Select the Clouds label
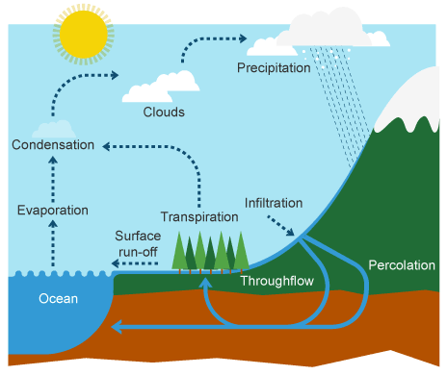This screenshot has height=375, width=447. click(164, 112)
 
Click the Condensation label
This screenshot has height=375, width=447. click(53, 145)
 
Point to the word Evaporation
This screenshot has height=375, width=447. click(53, 210)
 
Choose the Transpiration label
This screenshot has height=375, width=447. click(199, 216)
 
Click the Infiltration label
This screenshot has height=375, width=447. click(274, 203)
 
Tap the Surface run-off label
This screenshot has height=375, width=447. click(136, 243)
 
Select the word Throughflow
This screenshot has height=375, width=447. click(273, 282)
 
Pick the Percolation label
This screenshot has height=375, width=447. click(403, 264)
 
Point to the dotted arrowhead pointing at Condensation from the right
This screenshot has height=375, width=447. click(106, 145)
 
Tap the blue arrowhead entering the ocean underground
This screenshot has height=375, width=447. click(118, 328)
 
